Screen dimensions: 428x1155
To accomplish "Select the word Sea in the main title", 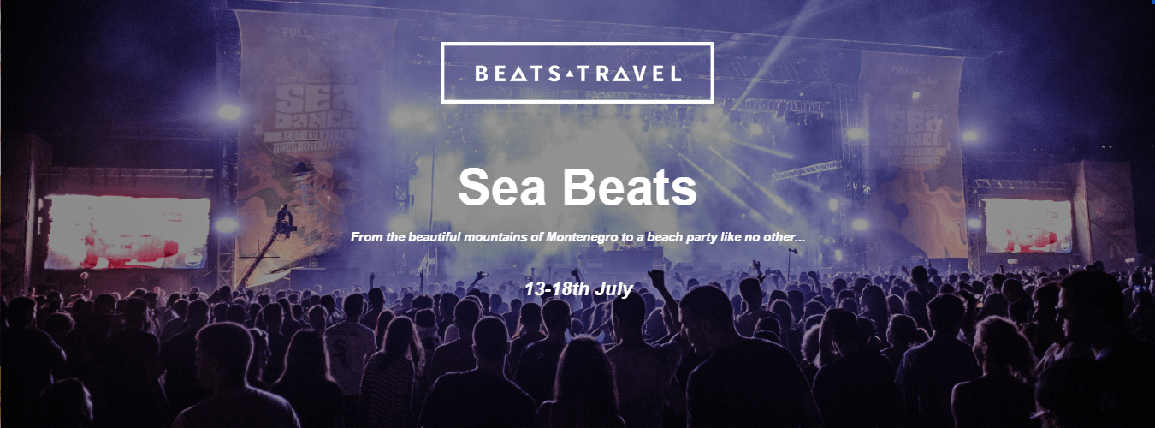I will [x=500, y=187].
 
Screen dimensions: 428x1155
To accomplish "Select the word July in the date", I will [x=614, y=288].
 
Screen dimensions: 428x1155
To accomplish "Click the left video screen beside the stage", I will [x=127, y=231].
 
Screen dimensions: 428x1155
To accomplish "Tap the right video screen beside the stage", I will [x=1028, y=224].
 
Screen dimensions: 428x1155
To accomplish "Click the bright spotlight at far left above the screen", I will [x=228, y=112].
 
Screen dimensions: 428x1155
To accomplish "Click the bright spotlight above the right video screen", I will [x=968, y=136].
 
